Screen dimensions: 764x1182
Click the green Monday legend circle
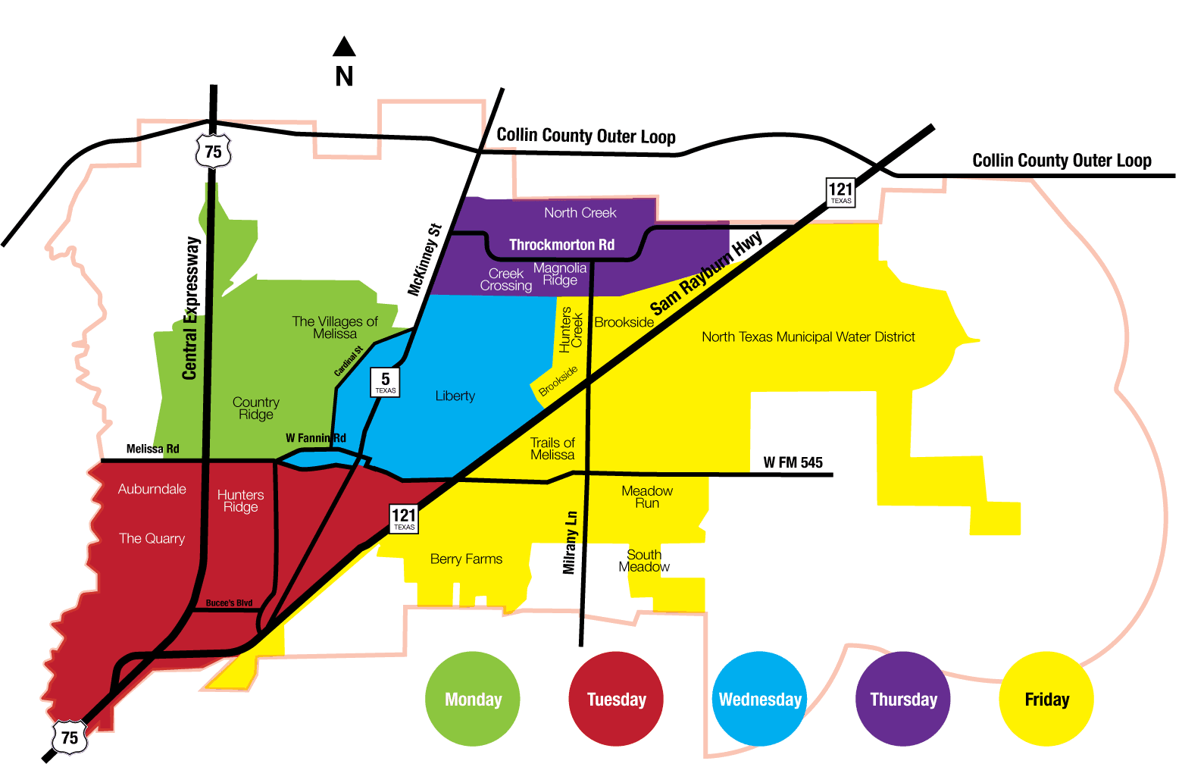pyautogui.click(x=473, y=699)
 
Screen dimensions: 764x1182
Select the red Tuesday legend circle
pyautogui.click(x=616, y=699)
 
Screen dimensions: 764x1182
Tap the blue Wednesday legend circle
pyautogui.click(x=759, y=699)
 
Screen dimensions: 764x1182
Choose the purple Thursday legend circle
pyautogui.click(x=903, y=699)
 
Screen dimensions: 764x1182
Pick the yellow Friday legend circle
pyautogui.click(x=1046, y=699)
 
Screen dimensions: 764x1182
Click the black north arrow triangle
pyautogui.click(x=344, y=48)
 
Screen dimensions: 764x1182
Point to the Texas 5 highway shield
pyautogui.click(x=386, y=382)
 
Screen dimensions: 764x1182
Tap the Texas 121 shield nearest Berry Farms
pyautogui.click(x=404, y=518)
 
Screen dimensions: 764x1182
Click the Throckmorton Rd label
pyautogui.click(x=561, y=245)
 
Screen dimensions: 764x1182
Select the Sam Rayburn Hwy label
pyautogui.click(x=706, y=274)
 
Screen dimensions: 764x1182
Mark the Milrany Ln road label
pyautogui.click(x=570, y=542)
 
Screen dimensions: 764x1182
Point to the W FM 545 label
pyautogui.click(x=793, y=462)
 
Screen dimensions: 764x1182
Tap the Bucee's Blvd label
pyautogui.click(x=229, y=603)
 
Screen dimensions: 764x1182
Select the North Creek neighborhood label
pyautogui.click(x=580, y=213)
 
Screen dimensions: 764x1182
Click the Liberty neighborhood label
pyautogui.click(x=455, y=396)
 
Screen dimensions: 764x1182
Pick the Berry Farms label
pyautogui.click(x=466, y=559)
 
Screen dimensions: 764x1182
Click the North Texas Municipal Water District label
pyautogui.click(x=808, y=337)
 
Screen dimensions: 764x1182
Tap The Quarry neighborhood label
pyautogui.click(x=152, y=538)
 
